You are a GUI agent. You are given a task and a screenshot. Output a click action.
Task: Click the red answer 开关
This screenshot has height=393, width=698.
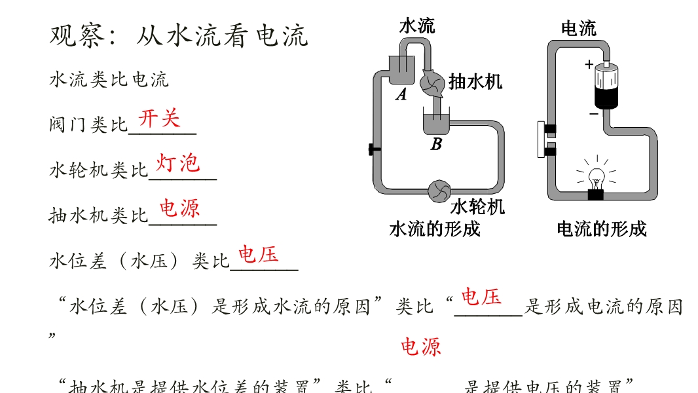coord(159,119)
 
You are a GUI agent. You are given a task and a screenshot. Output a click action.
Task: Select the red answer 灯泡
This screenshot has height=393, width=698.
coord(177,162)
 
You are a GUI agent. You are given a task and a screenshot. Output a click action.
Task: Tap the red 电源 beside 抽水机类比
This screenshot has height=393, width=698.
coord(180,208)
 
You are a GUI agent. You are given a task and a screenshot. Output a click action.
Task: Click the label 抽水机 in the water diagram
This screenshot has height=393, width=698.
coord(475,81)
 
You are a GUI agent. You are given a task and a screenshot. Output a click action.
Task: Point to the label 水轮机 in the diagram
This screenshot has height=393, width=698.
coord(477,207)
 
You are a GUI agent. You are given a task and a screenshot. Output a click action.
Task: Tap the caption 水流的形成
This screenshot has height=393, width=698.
coord(434,229)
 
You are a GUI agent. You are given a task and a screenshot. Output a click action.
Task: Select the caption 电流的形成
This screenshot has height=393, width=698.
coord(601,229)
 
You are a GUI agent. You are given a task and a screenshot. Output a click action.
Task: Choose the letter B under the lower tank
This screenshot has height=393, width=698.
coord(436,145)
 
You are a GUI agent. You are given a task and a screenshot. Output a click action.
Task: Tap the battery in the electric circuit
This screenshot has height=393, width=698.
coord(606,86)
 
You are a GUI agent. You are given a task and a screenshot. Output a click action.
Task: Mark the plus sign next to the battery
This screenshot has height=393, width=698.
coord(589,64)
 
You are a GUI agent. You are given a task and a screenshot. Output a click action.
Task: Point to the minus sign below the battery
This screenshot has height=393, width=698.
coord(593,113)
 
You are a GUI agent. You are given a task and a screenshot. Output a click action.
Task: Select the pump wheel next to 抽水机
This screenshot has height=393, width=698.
coord(432,83)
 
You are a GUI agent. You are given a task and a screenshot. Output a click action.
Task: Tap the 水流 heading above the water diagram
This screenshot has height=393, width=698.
coord(417,26)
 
